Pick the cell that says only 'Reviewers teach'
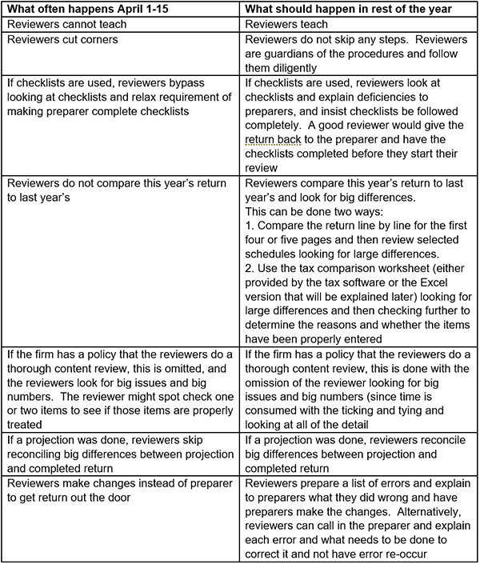pos(286,25)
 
